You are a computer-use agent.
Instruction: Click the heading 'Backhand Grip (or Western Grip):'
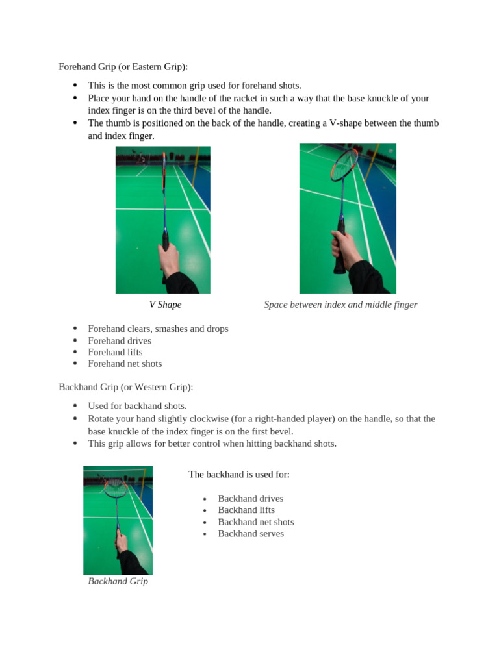[125, 387]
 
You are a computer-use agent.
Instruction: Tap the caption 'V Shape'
[165, 305]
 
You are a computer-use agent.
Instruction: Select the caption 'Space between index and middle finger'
[340, 305]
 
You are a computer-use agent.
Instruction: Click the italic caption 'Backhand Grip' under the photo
[118, 581]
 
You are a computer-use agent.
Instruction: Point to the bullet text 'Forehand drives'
[120, 340]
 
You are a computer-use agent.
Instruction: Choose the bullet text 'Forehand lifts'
[115, 352]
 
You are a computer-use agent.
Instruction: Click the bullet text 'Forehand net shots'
[125, 364]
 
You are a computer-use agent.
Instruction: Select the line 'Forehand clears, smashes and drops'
[158, 329]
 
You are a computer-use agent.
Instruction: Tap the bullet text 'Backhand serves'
[251, 534]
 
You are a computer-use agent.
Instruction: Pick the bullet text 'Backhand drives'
[251, 499]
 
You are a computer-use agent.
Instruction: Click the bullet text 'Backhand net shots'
[256, 522]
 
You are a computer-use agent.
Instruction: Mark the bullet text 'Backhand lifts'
[246, 510]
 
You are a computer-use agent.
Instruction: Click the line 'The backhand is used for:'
[239, 475]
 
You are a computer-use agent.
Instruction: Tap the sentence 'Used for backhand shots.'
[137, 406]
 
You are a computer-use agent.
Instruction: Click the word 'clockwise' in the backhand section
[217, 419]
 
